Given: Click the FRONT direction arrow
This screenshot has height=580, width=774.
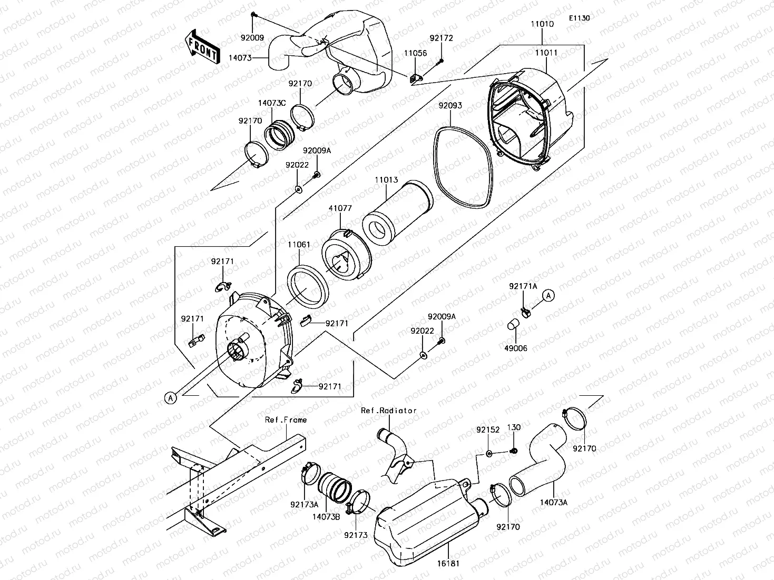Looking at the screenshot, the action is [202, 47].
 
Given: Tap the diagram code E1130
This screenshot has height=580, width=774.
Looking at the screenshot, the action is [579, 18].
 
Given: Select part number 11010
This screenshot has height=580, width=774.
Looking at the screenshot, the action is [542, 24].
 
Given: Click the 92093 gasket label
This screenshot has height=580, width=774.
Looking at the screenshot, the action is [450, 105].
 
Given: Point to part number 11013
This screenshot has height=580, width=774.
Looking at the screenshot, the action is [386, 179].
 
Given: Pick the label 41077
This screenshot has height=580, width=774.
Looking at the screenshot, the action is [340, 208].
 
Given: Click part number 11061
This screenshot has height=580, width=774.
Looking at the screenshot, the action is [299, 244].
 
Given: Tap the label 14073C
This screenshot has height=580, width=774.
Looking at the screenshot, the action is [271, 103].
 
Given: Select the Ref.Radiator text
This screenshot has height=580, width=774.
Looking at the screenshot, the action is [389, 411].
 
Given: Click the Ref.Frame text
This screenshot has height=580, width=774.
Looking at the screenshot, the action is [286, 420].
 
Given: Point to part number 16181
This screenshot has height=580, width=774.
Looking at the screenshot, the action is [448, 564].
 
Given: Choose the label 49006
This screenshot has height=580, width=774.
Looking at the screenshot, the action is [515, 348].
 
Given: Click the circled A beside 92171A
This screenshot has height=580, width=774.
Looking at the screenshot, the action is [548, 295].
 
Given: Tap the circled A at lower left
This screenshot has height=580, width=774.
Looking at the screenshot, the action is [171, 398].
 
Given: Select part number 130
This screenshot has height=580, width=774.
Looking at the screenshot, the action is [514, 427].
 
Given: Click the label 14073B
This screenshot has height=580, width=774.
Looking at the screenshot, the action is [326, 517].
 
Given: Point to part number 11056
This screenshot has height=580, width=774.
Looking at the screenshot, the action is [415, 53].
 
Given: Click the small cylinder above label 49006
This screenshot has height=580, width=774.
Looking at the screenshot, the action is [513, 324].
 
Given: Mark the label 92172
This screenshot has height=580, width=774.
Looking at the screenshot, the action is [441, 38].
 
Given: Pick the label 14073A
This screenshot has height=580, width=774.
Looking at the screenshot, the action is [554, 503].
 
